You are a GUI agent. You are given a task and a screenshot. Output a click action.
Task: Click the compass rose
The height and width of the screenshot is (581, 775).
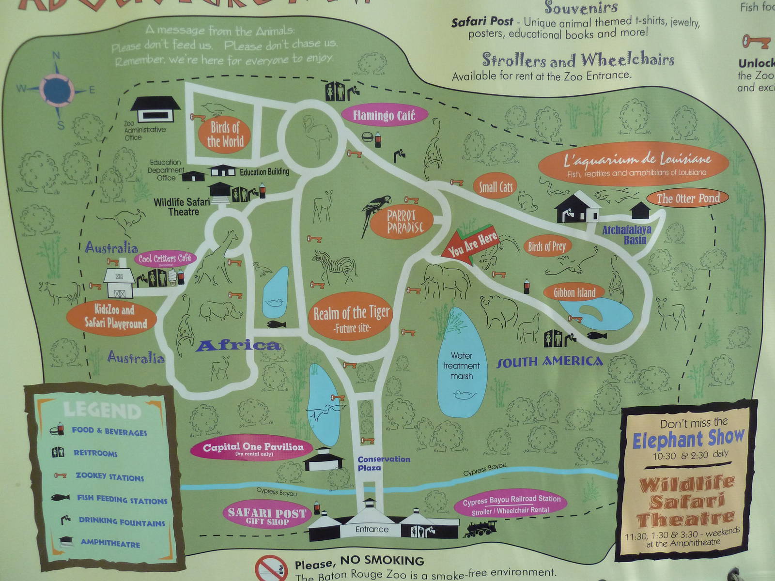pos(57,89)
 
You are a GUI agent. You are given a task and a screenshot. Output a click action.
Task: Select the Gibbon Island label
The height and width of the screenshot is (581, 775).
pos(575,292)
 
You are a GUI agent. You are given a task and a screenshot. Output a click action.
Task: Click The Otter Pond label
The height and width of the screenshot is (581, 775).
pos(688,198)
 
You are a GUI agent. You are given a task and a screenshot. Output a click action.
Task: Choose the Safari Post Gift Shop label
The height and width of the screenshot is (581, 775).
pos(267,516)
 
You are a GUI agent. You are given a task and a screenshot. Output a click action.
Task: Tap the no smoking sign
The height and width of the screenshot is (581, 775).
pos(271,568)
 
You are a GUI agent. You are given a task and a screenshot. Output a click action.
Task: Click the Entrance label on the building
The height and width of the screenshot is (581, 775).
pos(372,529)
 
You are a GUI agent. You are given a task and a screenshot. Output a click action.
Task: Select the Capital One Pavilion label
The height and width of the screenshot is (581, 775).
pos(253,448)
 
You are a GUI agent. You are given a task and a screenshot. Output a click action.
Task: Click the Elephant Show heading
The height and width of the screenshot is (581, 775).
pos(688,439)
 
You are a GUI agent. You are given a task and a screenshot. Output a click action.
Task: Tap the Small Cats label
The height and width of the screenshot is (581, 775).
pos(495,187)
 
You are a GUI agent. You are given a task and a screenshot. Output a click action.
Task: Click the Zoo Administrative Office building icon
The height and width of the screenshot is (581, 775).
pos(155,109)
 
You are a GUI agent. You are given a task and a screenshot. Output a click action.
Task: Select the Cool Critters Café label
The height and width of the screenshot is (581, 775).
pos(165,259)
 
